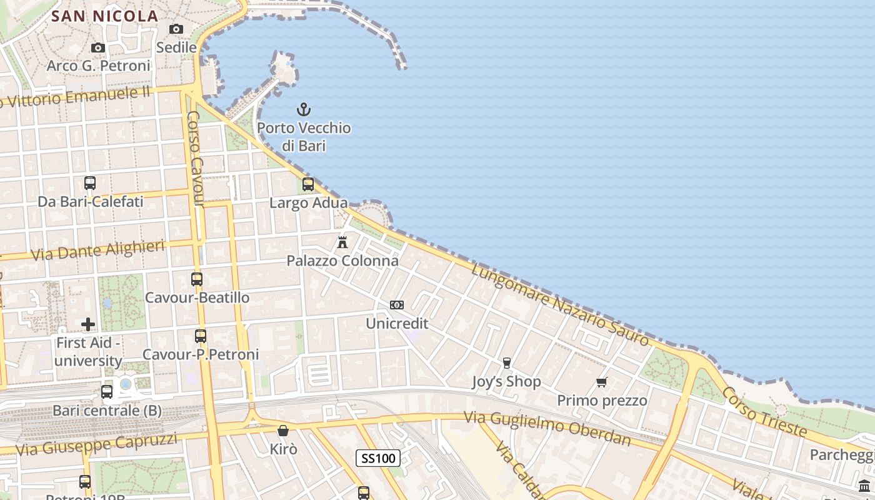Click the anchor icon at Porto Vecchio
point(303,110)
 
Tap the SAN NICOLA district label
point(104,16)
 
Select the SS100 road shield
point(377,458)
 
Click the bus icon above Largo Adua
point(307,184)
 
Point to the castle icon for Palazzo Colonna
point(342,242)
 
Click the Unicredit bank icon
point(397,305)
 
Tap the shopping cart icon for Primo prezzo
point(602,382)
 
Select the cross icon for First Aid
point(88,324)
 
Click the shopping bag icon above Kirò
point(283,431)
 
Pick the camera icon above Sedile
point(176,29)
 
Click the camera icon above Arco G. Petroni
point(97,47)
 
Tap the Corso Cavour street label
point(196,159)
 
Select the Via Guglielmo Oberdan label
point(547,427)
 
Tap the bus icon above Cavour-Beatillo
point(197,279)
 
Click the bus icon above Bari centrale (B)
point(107,392)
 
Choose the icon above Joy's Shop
point(507,362)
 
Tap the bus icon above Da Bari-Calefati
point(90,183)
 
